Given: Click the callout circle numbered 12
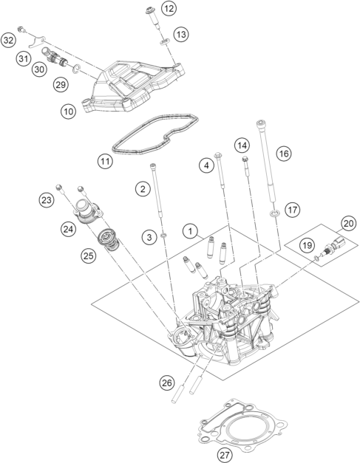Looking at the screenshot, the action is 169,9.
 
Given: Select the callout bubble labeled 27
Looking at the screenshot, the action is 225,455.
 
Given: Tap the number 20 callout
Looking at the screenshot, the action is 348,224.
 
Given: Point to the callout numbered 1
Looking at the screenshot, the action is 190,231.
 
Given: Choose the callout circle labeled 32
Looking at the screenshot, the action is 8,40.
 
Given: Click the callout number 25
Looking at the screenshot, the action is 89,255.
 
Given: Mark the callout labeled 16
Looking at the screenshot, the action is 284,154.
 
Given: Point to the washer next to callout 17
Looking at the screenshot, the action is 274,213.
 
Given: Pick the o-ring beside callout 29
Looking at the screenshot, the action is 76,69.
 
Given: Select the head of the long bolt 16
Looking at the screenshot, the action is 260,123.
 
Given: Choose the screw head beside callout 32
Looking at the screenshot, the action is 21,30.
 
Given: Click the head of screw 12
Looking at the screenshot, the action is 149,12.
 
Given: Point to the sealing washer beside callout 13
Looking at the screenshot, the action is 165,41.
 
